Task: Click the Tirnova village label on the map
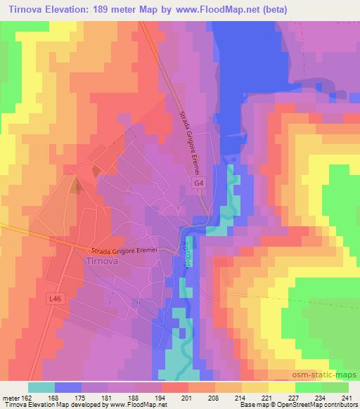tap(105, 261)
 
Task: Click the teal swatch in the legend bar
tap(41, 387)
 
